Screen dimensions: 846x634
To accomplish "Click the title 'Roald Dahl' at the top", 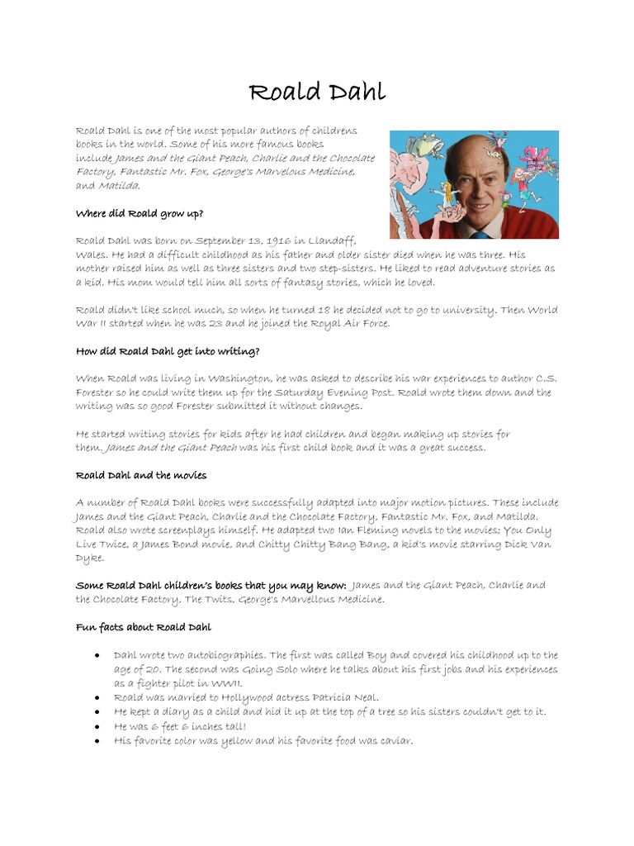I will point(317,91).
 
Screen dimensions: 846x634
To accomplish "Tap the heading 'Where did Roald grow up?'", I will point(140,213).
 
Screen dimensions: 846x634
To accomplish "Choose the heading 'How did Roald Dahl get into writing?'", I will point(168,350).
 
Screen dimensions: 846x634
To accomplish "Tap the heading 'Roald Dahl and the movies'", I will point(141,475).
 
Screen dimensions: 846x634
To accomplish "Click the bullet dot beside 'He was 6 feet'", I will point(97,726).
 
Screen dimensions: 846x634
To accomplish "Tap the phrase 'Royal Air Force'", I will point(352,323).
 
